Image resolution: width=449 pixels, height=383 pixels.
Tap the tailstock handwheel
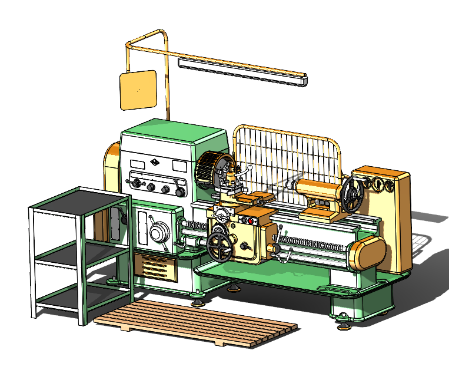click(x=353, y=195)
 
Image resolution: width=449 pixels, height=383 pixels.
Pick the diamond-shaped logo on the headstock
click(x=154, y=163)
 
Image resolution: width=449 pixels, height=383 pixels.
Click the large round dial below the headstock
click(x=157, y=233)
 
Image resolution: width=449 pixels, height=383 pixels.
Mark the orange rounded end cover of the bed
click(x=368, y=255)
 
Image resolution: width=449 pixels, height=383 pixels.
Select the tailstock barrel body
click(x=318, y=190)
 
